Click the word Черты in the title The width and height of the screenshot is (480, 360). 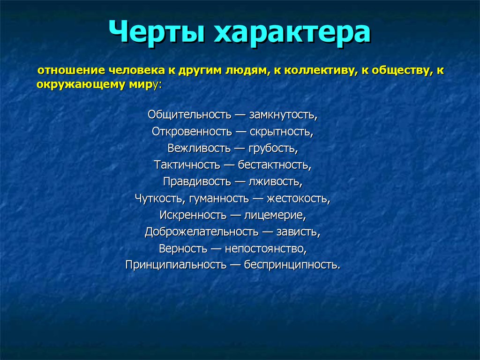point(157,31)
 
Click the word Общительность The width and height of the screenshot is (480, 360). point(189,115)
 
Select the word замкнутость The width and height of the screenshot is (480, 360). point(283,115)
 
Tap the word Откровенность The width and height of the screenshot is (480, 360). point(192,132)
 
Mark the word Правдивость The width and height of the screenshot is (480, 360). point(197,181)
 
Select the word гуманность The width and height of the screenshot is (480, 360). point(219,199)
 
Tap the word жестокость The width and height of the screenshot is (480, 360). point(298,199)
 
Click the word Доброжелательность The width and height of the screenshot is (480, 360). point(202,232)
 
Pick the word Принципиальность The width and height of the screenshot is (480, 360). point(176,265)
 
